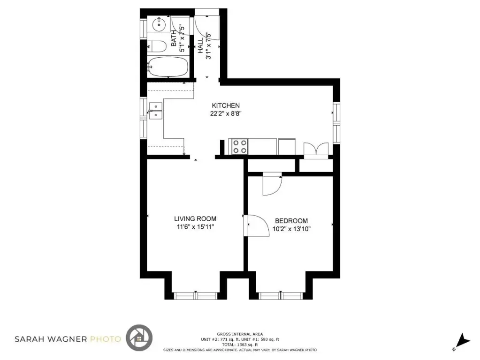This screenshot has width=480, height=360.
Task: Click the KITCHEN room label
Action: pyautogui.click(x=226, y=105)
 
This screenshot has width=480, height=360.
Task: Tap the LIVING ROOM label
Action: pyautogui.click(x=195, y=219)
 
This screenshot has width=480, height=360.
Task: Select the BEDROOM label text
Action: pyautogui.click(x=291, y=221)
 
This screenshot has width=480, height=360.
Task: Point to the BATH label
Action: pyautogui.click(x=174, y=38)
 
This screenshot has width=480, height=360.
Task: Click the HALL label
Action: pyautogui.click(x=200, y=45)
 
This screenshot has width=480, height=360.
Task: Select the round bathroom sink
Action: pyautogui.click(x=159, y=24)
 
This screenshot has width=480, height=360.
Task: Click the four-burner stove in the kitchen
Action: pyautogui.click(x=240, y=147)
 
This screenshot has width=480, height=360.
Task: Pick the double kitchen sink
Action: pyautogui.click(x=155, y=111)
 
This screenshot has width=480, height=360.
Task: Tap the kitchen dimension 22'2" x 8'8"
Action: pyautogui.click(x=226, y=114)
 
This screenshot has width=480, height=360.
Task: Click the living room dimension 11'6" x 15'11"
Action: pyautogui.click(x=195, y=227)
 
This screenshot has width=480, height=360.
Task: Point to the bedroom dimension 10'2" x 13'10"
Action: pyautogui.click(x=292, y=229)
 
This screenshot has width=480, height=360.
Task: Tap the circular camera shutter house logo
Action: pyautogui.click(x=139, y=337)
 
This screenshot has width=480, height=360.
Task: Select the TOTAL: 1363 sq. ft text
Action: pyautogui.click(x=240, y=345)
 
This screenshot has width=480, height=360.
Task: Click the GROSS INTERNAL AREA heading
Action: pyautogui.click(x=240, y=334)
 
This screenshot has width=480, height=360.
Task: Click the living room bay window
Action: pyautogui.click(x=196, y=296)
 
